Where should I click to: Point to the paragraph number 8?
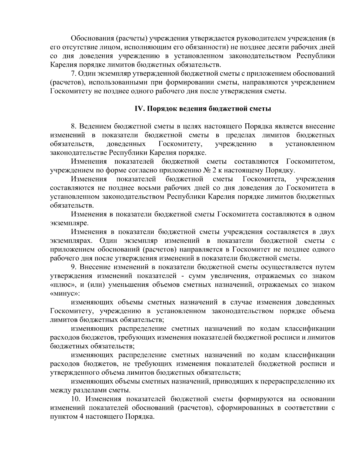coord(73,126)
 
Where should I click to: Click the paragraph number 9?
coord(73,267)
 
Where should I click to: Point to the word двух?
coord(327,232)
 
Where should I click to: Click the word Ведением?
coord(96,126)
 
